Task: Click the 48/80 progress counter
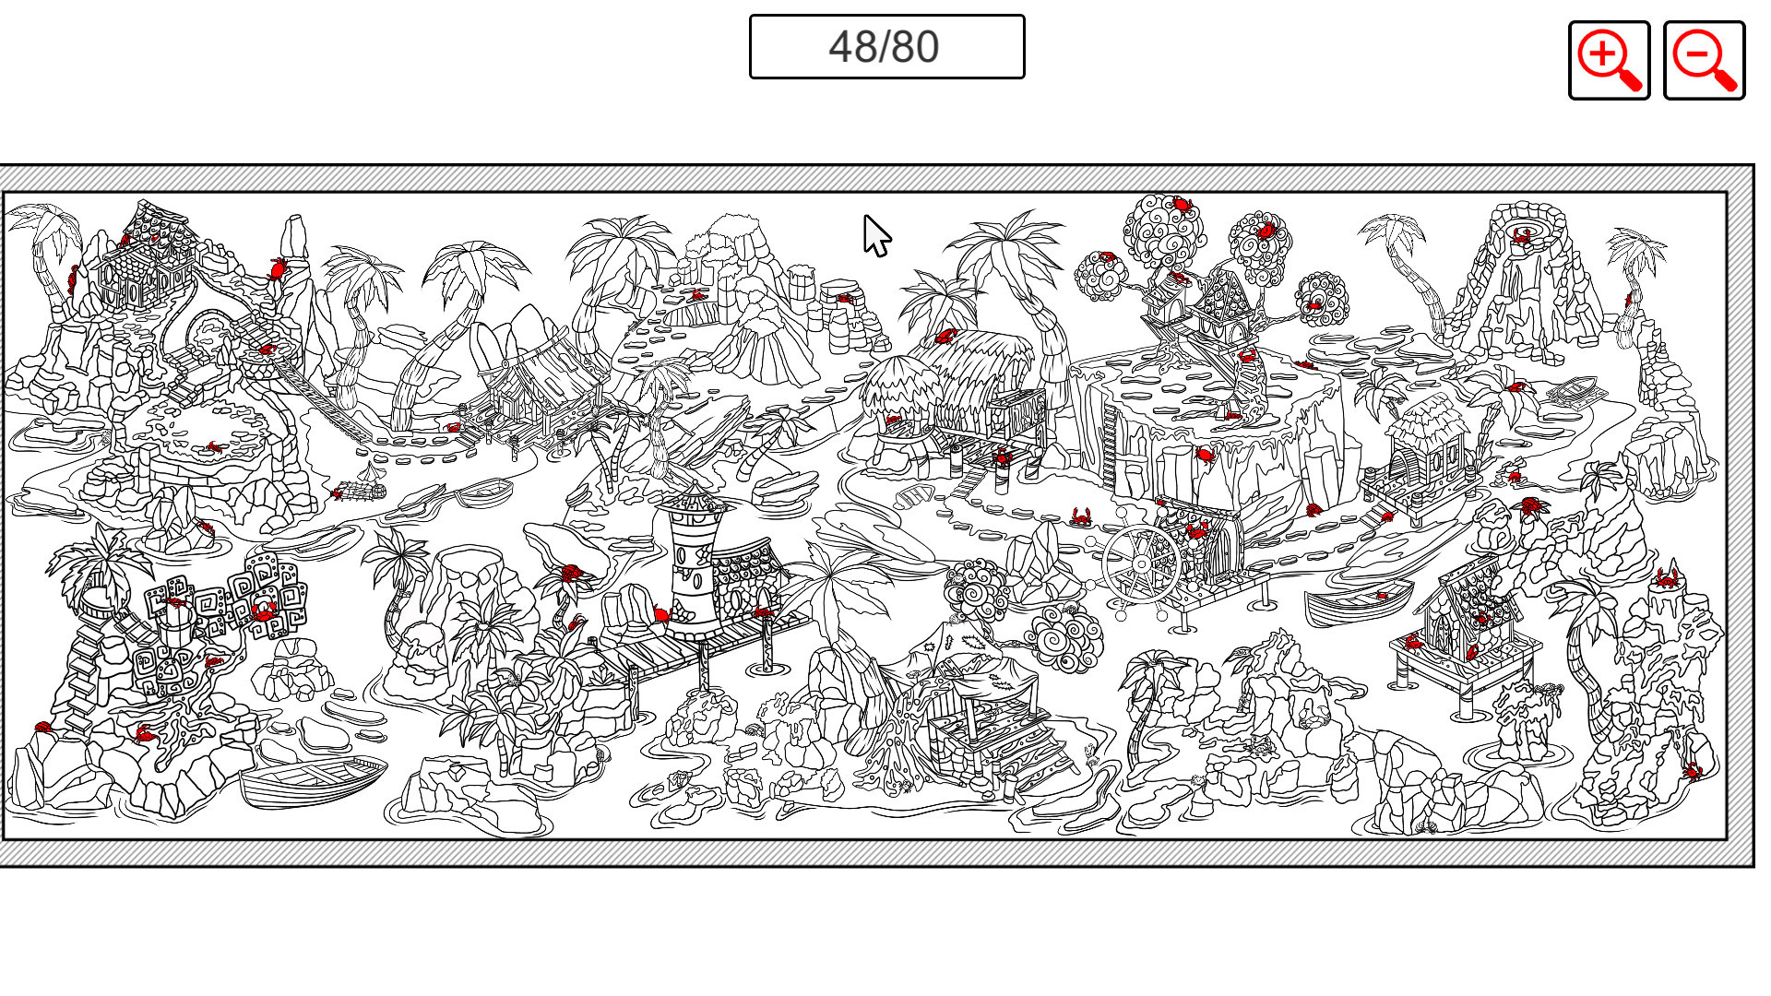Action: (x=886, y=47)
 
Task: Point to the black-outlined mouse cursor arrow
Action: (x=875, y=235)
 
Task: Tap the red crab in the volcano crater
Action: (x=1521, y=235)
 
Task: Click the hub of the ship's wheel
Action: (x=1142, y=563)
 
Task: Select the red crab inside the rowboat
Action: (x=1381, y=597)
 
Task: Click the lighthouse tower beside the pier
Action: (x=692, y=563)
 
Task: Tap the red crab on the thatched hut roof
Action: (x=945, y=337)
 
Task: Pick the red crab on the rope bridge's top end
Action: (x=267, y=350)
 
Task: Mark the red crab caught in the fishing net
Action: (x=338, y=494)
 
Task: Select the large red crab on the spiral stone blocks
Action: (x=264, y=610)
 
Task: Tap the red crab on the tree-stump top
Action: (x=1667, y=579)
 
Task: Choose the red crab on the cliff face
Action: (x=1204, y=454)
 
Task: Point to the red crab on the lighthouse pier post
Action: (x=764, y=612)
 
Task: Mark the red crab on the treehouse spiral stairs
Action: (x=1247, y=356)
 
